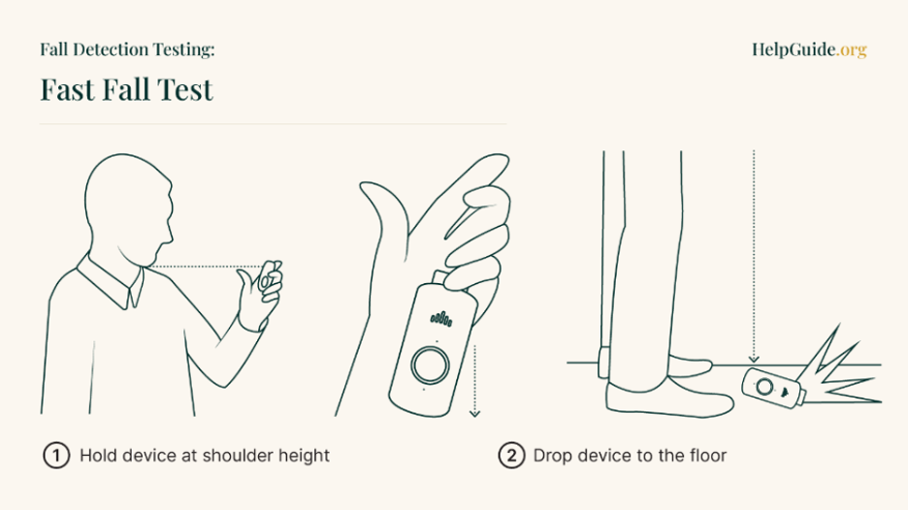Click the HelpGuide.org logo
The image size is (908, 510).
coord(809,49)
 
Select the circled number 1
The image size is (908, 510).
coord(56,456)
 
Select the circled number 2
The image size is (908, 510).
coord(511,456)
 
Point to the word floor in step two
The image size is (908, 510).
coord(707,456)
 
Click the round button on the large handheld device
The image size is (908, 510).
coord(430,365)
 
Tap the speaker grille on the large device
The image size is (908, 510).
coord(441,318)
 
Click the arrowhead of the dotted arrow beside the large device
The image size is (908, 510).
coord(474,413)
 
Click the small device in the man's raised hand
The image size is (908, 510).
coord(267,276)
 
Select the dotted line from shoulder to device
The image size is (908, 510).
coord(206,267)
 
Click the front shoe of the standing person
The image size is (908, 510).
coord(668,398)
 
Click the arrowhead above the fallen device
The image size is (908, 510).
coord(754,360)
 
